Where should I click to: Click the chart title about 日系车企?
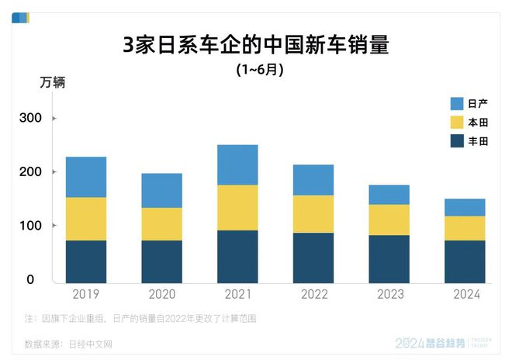(x=255, y=45)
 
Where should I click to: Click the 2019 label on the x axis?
(x=85, y=295)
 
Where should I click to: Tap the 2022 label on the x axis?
(x=313, y=295)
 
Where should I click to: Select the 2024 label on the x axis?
(x=465, y=295)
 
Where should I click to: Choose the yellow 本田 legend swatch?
(x=457, y=123)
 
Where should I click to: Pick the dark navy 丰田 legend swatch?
(x=457, y=141)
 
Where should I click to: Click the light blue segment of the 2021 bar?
(x=237, y=164)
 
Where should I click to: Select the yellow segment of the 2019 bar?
(x=85, y=219)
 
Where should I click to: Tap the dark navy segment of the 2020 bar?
(x=161, y=261)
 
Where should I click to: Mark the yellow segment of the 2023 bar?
(x=389, y=220)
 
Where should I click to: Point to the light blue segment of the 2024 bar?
(x=465, y=207)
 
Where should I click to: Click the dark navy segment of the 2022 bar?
(x=313, y=258)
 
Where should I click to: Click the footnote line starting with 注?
(x=140, y=318)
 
